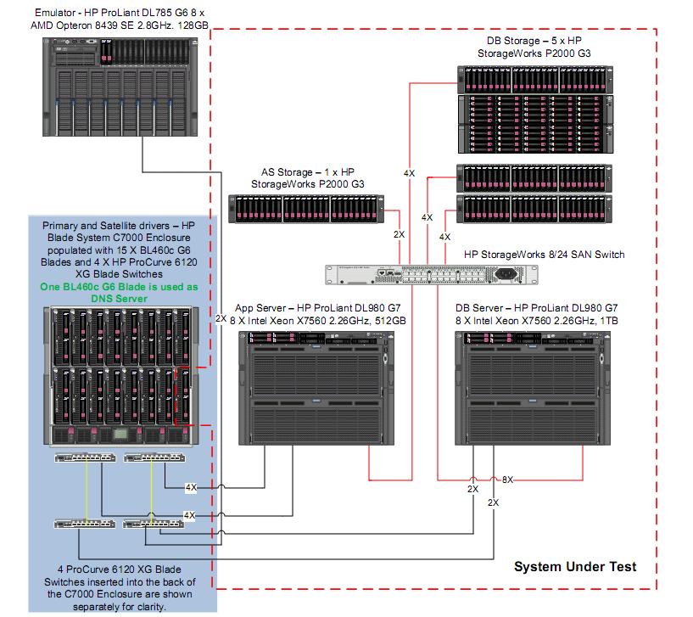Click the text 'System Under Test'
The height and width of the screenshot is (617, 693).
tap(575, 566)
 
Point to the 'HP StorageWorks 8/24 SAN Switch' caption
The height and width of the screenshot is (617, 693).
tap(539, 254)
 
